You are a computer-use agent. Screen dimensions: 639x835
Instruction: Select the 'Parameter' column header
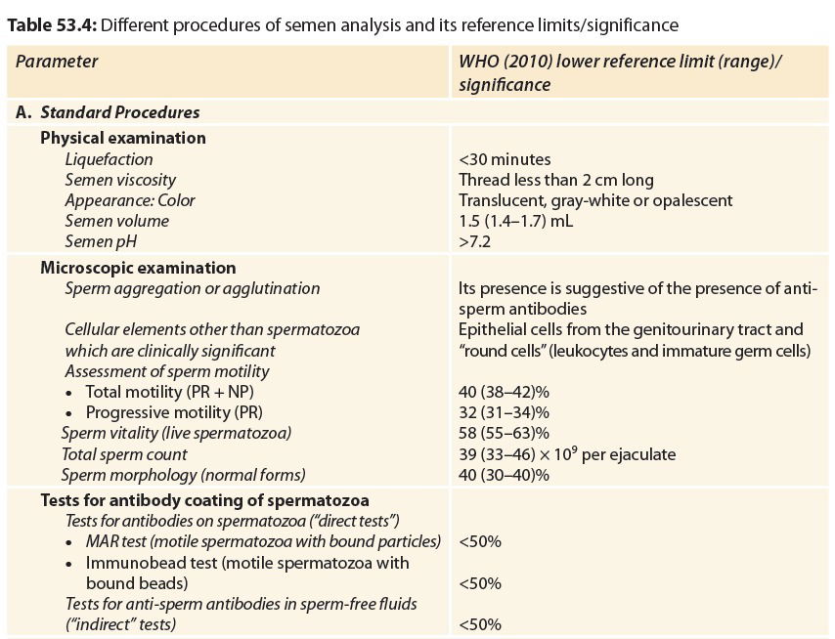tap(57, 62)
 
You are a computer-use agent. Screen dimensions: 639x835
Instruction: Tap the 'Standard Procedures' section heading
tap(119, 112)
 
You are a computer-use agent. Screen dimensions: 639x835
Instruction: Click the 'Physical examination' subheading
tap(123, 138)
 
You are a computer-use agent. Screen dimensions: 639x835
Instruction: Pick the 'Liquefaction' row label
tap(109, 159)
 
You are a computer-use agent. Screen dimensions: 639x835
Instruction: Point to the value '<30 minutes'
tap(505, 159)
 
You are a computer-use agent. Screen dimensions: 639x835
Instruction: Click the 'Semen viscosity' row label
tap(120, 180)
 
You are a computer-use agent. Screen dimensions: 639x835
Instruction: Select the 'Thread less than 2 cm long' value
tap(555, 180)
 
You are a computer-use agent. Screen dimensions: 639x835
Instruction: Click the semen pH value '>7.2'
tap(475, 241)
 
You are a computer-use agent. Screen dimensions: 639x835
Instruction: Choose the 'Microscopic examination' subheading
tap(138, 267)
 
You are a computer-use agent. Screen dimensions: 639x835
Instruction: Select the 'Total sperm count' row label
tap(124, 454)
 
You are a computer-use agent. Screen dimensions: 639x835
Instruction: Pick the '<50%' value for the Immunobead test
tap(479, 584)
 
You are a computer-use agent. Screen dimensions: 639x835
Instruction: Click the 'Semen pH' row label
tap(100, 241)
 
